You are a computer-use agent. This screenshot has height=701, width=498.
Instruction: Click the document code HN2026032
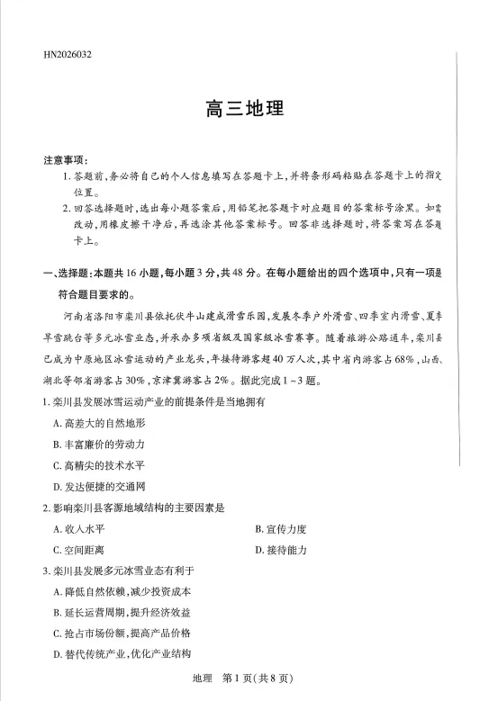(x=67, y=54)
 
